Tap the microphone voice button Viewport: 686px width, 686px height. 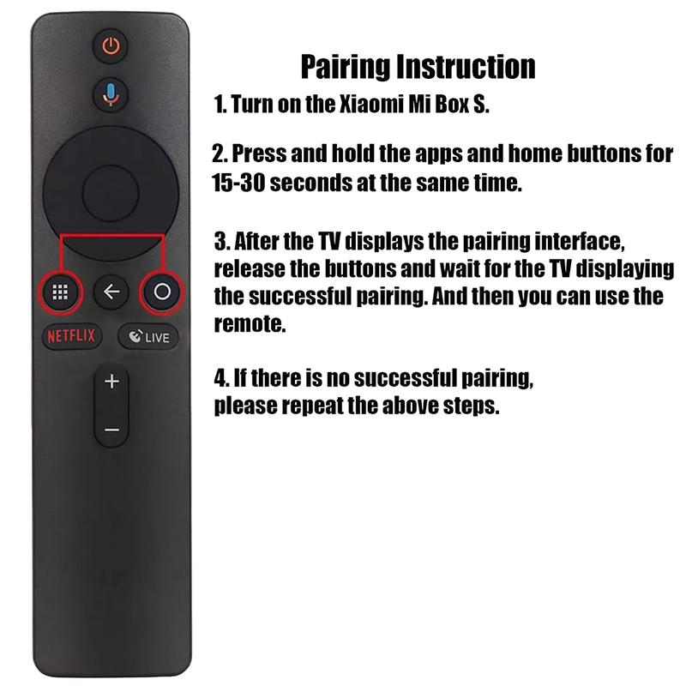coord(111,94)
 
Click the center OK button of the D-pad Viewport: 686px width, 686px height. coord(111,193)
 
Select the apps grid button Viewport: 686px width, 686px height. coord(60,292)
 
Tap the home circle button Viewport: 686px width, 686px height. coord(162,292)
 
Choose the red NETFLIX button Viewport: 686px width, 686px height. coord(71,336)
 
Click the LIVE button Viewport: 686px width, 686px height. coord(148,337)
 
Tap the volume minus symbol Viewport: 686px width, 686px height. coord(111,430)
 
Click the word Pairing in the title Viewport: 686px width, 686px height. coord(346,67)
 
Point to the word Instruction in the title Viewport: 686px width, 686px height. coord(466,67)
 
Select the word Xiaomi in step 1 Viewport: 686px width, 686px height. coord(371,104)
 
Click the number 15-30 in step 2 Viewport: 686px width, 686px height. coord(238,183)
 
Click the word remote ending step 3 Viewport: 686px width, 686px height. coord(250,324)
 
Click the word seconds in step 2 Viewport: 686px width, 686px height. coord(310,183)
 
